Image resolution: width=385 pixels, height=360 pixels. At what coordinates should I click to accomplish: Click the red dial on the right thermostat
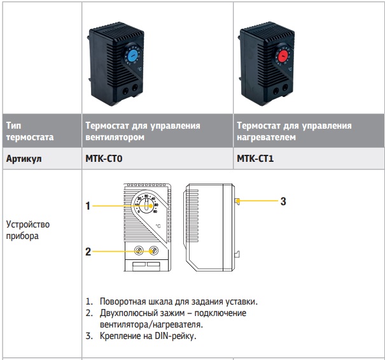283,56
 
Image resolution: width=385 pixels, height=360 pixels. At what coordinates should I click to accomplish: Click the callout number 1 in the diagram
88,206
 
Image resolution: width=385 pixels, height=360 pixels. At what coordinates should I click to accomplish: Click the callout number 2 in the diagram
88,252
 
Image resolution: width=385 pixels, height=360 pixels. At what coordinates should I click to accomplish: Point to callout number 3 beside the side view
283,202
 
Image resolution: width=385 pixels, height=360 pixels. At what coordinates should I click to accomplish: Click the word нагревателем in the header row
262,136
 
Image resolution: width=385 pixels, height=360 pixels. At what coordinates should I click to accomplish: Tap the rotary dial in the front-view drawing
146,205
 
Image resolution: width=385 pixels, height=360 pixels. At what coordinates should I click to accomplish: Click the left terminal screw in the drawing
139,251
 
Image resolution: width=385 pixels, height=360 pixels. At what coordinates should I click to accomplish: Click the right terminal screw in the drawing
153,251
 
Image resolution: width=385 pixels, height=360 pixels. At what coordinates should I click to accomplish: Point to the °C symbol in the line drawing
157,226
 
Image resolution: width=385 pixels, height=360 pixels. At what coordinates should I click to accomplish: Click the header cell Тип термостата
29,131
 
